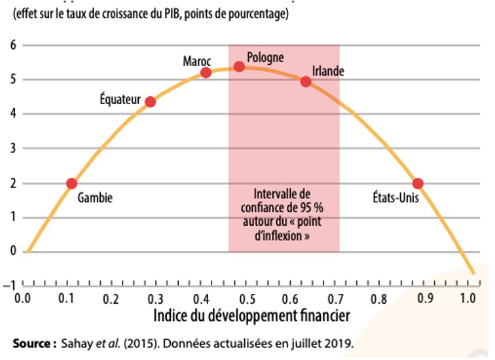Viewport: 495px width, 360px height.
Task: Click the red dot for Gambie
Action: (x=71, y=183)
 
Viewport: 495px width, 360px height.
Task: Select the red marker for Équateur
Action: (x=150, y=101)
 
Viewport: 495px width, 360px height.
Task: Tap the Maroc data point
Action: (x=206, y=72)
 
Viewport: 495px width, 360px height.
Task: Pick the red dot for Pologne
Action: (x=239, y=66)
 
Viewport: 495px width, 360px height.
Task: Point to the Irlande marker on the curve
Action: (x=306, y=81)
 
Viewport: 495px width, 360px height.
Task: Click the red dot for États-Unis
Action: (x=418, y=183)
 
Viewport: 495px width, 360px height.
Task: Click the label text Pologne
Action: (x=266, y=58)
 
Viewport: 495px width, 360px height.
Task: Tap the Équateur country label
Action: (x=120, y=99)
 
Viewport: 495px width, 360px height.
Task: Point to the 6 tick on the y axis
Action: (x=12, y=45)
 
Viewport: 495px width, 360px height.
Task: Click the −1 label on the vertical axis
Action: (x=9, y=286)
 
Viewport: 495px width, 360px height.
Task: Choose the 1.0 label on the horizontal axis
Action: (x=467, y=298)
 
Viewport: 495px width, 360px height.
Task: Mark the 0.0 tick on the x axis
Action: (x=22, y=298)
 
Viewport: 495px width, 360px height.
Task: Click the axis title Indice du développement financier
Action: (x=252, y=315)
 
